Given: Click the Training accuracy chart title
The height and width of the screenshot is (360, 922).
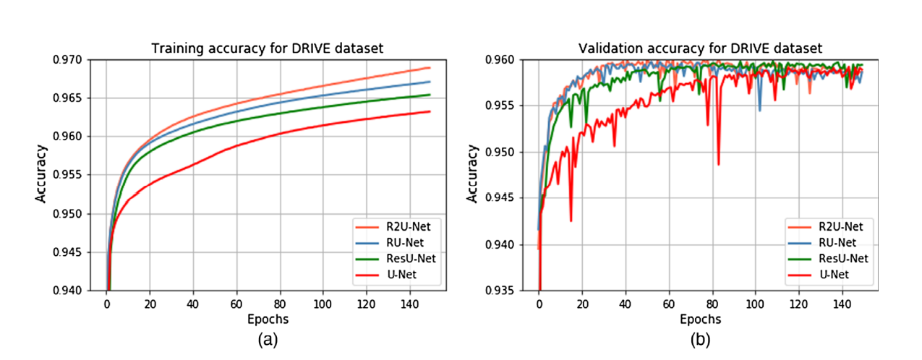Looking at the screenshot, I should point(267,49).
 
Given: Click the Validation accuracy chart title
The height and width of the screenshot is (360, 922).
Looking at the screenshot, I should point(700,49).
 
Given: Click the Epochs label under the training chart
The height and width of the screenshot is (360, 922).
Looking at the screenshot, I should point(267,319).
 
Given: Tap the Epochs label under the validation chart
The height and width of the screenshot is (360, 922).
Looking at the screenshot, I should point(700,319).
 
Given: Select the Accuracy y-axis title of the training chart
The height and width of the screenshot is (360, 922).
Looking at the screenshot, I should point(42,175).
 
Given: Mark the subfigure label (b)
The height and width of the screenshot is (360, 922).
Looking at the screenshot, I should point(700,339).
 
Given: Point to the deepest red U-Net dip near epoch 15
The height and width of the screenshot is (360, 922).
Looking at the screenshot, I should point(571,220).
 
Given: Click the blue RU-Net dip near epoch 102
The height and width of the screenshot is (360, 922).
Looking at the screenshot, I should point(759,110).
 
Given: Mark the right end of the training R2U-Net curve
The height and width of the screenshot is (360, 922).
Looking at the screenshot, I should point(430,68).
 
